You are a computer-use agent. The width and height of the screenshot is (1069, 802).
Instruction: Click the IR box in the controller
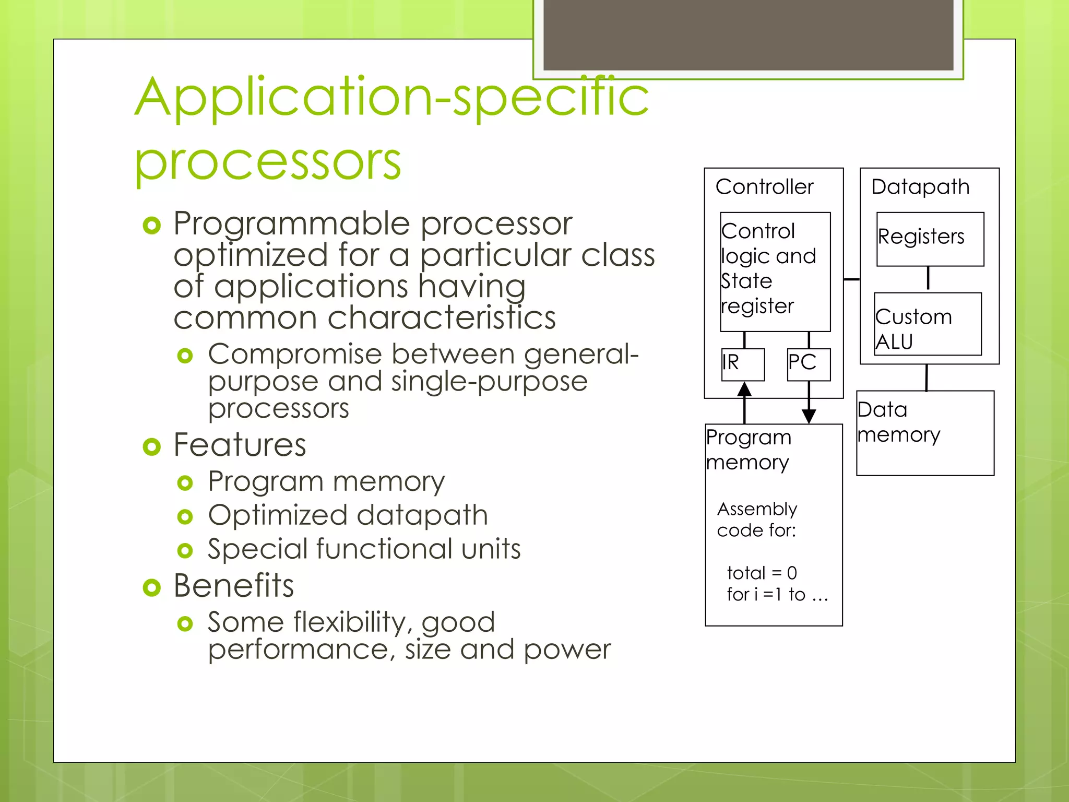tap(743, 364)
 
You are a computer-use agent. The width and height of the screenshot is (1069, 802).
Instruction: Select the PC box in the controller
tap(808, 364)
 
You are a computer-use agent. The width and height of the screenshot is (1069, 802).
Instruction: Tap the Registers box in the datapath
tap(930, 239)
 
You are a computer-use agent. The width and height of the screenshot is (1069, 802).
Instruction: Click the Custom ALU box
tap(928, 324)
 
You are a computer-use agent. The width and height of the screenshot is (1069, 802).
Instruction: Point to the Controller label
tap(764, 187)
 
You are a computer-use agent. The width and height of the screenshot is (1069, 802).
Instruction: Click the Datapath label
tap(920, 187)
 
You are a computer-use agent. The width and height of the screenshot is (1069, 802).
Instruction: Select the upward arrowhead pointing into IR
tap(744, 390)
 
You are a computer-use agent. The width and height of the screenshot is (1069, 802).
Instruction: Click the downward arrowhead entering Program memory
tap(809, 416)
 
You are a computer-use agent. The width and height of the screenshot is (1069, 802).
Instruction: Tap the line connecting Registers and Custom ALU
tap(928, 278)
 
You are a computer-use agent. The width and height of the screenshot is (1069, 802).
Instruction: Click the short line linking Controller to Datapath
tap(851, 279)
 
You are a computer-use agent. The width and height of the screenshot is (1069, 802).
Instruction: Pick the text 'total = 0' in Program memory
tap(762, 573)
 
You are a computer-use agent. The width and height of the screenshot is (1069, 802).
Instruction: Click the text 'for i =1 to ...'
tap(777, 595)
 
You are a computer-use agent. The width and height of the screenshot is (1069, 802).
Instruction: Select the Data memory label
tap(898, 422)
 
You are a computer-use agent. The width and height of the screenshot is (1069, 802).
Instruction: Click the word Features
tap(240, 445)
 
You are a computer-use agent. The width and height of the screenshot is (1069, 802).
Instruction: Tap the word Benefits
tap(233, 585)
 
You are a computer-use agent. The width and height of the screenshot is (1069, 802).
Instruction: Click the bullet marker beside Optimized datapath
tap(185, 517)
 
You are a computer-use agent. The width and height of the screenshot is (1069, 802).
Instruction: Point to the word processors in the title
tap(267, 161)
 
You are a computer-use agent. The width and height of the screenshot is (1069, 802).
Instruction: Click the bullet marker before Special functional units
tap(185, 550)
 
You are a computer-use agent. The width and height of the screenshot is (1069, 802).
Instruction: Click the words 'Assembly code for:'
tap(757, 520)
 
